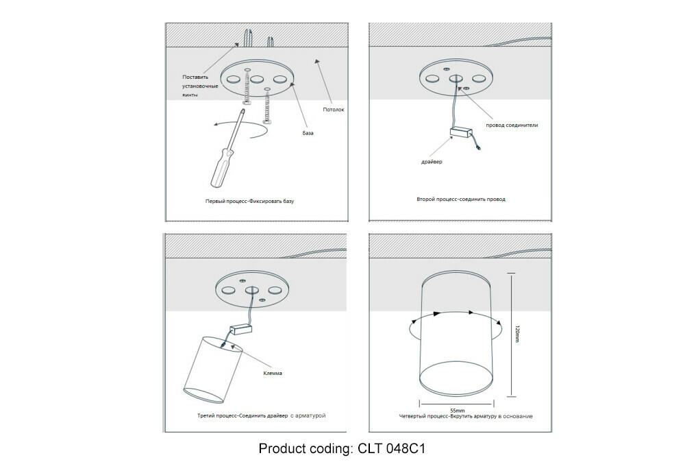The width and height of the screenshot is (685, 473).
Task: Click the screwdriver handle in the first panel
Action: (x=221, y=167)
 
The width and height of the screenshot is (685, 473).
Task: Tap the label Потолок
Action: (x=334, y=109)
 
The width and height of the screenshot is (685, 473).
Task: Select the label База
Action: (x=308, y=133)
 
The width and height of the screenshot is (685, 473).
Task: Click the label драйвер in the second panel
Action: (x=432, y=162)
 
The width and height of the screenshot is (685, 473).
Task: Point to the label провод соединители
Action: (x=512, y=125)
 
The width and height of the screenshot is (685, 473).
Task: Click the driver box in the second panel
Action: (x=462, y=132)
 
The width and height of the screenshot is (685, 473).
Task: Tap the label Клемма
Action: (x=273, y=373)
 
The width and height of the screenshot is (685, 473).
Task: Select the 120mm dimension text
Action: (x=518, y=334)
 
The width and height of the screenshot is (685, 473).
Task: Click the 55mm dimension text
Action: (x=458, y=411)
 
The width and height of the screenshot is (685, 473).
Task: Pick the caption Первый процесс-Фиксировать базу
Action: (x=250, y=202)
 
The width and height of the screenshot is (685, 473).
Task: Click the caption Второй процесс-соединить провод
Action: (x=461, y=199)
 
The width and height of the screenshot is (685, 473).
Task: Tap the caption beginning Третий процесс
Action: (x=261, y=415)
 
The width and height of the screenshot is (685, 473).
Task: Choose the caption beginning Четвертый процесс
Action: (x=466, y=416)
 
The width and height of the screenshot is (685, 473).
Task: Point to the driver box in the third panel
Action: (x=242, y=330)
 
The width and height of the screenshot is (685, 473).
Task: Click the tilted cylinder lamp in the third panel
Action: (x=212, y=370)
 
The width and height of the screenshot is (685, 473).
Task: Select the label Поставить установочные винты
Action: (x=200, y=86)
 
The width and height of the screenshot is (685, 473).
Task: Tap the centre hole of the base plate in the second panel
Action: (x=456, y=79)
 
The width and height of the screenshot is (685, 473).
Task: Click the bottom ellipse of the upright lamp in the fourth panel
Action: (x=457, y=378)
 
